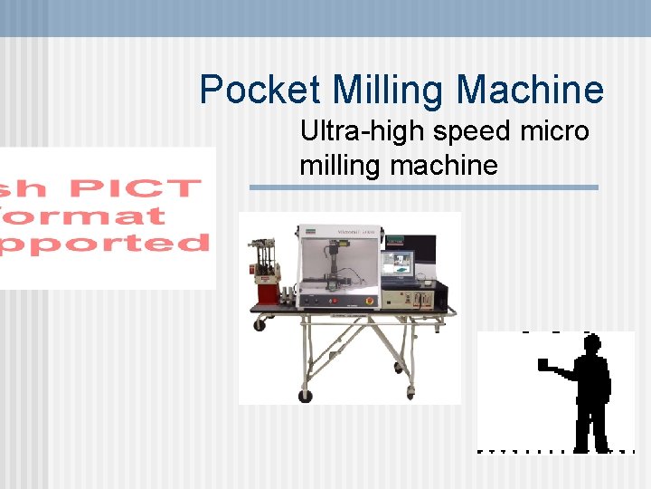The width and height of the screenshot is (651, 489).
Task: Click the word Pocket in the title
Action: pyautogui.click(x=260, y=91)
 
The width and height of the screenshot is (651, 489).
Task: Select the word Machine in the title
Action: pyautogui.click(x=530, y=91)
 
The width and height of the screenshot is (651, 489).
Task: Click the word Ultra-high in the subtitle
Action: pyautogui.click(x=362, y=132)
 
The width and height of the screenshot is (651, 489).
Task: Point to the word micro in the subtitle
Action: pyautogui.click(x=555, y=132)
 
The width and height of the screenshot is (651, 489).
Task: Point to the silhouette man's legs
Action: pyautogui.click(x=592, y=421)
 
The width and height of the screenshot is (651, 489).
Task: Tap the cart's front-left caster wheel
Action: pyautogui.click(x=306, y=396)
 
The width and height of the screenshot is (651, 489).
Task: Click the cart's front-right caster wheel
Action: pyautogui.click(x=411, y=392)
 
